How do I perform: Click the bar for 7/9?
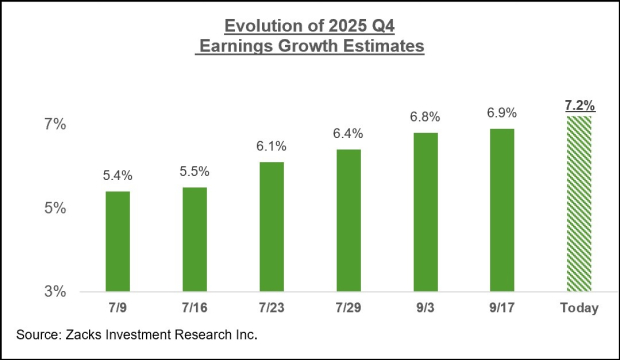point(117,241)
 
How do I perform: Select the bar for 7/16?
point(195,239)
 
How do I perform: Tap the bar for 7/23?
point(272,226)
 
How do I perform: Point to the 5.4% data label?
point(117,176)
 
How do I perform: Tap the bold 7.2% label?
point(579,104)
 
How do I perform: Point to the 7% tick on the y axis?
point(53,124)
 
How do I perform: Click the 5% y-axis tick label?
point(53,208)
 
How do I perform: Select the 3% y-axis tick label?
point(53,292)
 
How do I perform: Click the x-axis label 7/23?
point(272,308)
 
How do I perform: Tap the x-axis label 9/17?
point(503,308)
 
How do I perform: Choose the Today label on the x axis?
point(579,308)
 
